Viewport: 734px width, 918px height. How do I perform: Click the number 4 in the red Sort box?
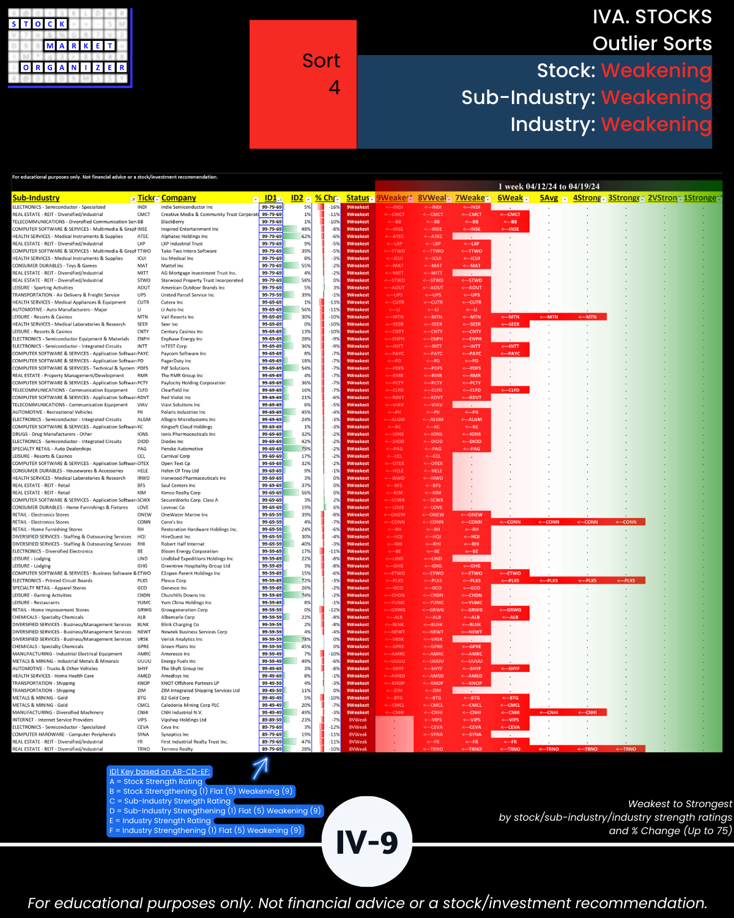click(x=334, y=88)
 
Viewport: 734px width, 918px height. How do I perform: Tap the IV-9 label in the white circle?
click(x=367, y=842)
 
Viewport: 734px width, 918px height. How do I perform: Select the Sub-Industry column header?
click(x=36, y=198)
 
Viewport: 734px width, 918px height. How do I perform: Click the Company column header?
click(x=179, y=198)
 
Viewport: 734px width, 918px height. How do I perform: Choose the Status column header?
click(x=357, y=198)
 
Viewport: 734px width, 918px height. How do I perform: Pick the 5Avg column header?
click(x=549, y=198)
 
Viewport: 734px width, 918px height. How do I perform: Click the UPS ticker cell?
click(x=142, y=295)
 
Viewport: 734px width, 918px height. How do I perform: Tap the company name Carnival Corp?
click(x=176, y=456)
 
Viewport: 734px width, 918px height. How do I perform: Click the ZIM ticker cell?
click(x=142, y=690)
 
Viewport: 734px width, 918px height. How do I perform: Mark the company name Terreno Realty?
click(x=177, y=749)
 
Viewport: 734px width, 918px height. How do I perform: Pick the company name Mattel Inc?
click(x=172, y=266)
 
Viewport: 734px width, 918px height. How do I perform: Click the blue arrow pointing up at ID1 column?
click(x=261, y=768)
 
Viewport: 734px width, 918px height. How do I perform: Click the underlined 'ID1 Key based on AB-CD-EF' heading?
click(x=159, y=772)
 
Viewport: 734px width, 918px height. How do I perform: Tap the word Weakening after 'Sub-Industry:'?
click(x=656, y=97)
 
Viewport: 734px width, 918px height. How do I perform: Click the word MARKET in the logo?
click(x=80, y=46)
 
